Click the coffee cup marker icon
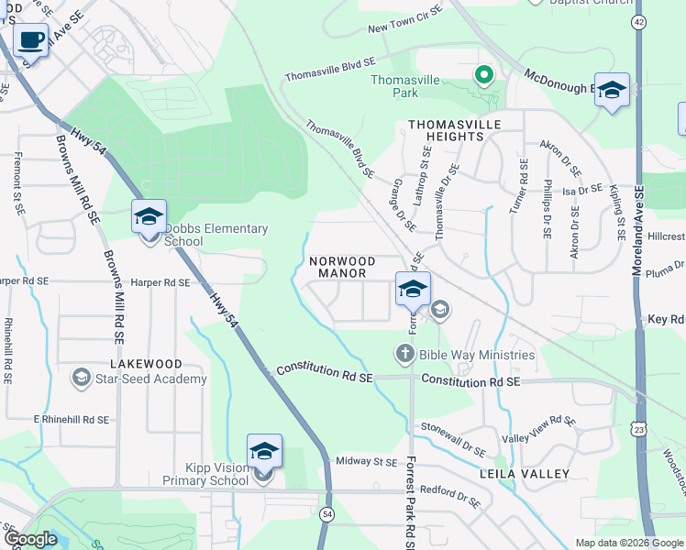click(x=31, y=41)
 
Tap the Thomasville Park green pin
click(x=482, y=73)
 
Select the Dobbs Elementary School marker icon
click(x=149, y=218)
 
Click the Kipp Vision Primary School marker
click(x=264, y=453)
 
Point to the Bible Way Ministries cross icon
click(x=404, y=354)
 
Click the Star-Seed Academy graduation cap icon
click(x=82, y=379)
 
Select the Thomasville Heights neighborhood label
click(x=445, y=129)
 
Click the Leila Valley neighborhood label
click(x=525, y=474)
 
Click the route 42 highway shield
click(x=638, y=22)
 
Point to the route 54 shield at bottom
click(x=327, y=515)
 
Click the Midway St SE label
click(x=366, y=462)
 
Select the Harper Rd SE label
click(x=160, y=283)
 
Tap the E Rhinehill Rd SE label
click(x=72, y=419)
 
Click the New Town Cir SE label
click(x=404, y=29)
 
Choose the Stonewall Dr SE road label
click(x=453, y=438)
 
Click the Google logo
click(x=30, y=539)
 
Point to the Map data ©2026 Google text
click(x=628, y=543)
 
